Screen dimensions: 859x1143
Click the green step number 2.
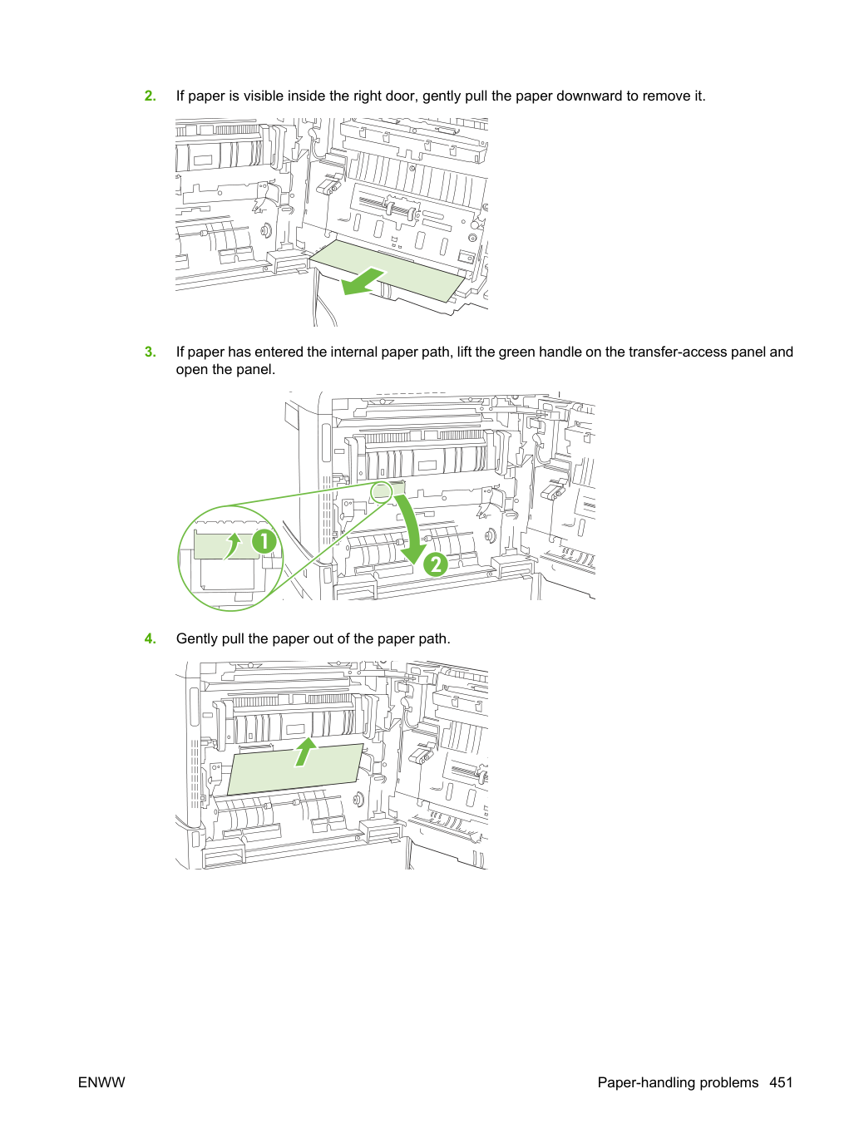pos(150,96)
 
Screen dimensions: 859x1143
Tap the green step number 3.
pos(150,352)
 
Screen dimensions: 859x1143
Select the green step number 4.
pos(150,638)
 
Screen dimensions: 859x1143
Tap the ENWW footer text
pos(101,1082)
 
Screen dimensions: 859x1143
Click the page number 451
pos(781,1082)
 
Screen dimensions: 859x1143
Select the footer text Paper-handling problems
pos(678,1082)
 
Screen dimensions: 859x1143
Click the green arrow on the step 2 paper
pos(363,282)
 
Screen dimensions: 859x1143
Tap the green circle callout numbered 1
pos(264,541)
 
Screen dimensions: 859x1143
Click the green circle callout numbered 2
pos(436,564)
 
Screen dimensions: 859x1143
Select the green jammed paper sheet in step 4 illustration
pos(295,769)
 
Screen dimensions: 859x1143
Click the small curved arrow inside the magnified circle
pos(233,545)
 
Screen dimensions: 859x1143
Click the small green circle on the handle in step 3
pos(382,492)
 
